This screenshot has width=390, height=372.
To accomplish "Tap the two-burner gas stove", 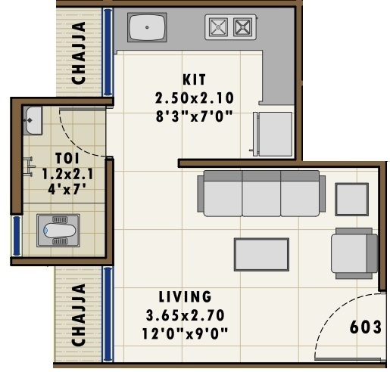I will (x=229, y=28).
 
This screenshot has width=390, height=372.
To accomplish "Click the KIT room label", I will (x=194, y=79).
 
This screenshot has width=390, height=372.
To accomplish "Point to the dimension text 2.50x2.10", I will (x=194, y=98).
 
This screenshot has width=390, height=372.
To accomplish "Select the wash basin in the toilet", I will (x=33, y=119).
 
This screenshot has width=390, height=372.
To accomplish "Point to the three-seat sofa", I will (x=262, y=194).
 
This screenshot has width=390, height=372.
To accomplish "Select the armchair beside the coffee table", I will (x=354, y=253).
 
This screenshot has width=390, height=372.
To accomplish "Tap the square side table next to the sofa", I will (x=352, y=200).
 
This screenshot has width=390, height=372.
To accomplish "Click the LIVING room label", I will (x=185, y=296).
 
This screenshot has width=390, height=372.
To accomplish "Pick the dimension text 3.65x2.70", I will (x=185, y=315).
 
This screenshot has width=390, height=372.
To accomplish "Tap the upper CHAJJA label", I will (x=77, y=53).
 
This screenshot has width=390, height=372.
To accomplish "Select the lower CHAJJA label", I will (x=77, y=315).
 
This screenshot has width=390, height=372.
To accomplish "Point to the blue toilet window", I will (x=15, y=235).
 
